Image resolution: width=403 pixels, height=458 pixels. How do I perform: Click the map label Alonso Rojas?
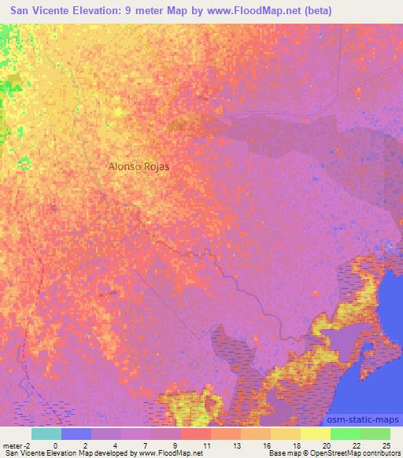pyautogui.click(x=139, y=168)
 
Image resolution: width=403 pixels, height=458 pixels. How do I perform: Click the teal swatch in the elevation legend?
pyautogui.click(x=46, y=434)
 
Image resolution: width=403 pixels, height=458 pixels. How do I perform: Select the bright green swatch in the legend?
pyautogui.click(x=346, y=434)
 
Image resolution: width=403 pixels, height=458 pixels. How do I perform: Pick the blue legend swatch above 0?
pyautogui.click(x=76, y=434)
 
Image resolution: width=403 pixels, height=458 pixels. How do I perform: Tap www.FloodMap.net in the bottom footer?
pyautogui.click(x=163, y=453)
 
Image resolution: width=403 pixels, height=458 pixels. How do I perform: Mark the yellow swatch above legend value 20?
pyautogui.click(x=316, y=434)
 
